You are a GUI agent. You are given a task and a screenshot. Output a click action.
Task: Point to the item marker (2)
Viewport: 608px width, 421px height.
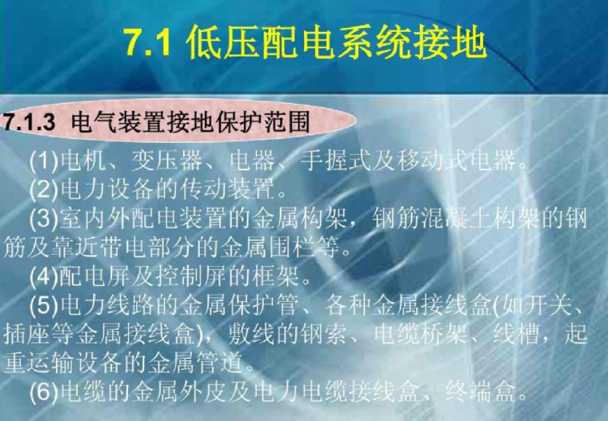coord(43,190)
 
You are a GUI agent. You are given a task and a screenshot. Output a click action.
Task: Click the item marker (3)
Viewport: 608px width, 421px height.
coord(43,218)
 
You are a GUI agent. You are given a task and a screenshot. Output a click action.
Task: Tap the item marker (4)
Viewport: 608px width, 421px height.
coord(43,280)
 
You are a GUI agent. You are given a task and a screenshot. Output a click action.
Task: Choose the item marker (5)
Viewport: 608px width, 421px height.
coord(43,306)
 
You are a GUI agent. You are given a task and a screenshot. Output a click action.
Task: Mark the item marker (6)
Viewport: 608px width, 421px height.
coord(43,392)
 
